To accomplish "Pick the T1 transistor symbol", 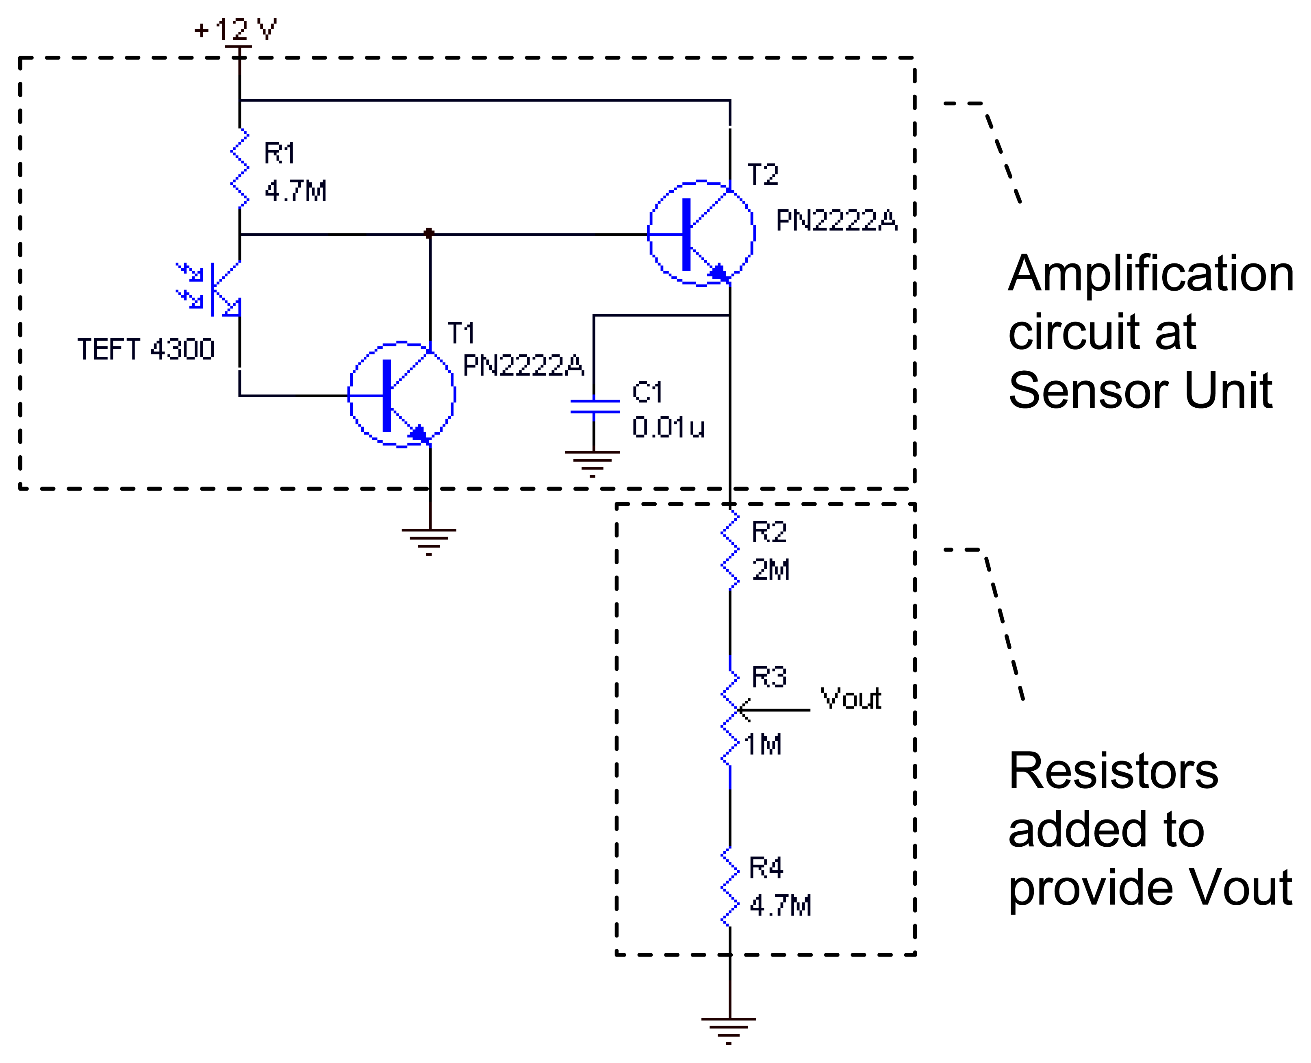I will (402, 394).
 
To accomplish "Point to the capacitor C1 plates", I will (594, 407).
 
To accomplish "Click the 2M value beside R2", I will (771, 570).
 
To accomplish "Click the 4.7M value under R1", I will (295, 191).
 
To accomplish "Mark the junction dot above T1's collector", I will (429, 233).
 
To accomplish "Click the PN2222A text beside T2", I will (836, 220).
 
